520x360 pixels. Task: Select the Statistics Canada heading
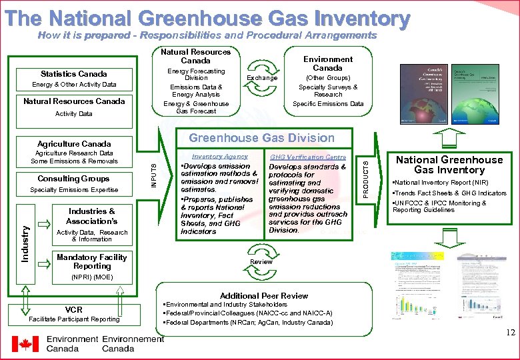[73, 73]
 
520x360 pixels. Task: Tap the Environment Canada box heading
[327, 63]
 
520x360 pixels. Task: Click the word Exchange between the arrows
[262, 78]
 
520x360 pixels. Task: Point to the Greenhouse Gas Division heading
[261, 138]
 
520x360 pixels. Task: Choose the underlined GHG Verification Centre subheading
[307, 157]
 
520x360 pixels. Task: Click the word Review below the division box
[261, 262]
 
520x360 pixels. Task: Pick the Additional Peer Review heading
[264, 295]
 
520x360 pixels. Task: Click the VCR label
[74, 310]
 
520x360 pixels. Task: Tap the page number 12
[509, 333]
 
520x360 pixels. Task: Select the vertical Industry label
[25, 243]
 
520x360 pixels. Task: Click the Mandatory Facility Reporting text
[92, 261]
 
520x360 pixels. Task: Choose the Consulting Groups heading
[73, 179]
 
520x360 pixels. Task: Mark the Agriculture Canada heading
[74, 143]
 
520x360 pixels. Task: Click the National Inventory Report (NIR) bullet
[441, 183]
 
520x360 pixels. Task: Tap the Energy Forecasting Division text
[196, 74]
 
